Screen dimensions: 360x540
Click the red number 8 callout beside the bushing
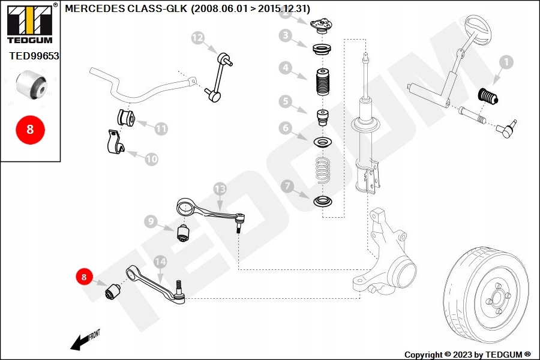click(x=84, y=277)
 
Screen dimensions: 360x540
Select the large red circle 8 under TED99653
click(x=29, y=129)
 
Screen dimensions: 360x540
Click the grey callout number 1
click(x=505, y=61)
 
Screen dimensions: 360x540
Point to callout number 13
click(x=220, y=189)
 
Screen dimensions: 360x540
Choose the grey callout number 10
click(x=151, y=159)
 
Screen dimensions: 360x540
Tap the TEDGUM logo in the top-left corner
click(x=29, y=25)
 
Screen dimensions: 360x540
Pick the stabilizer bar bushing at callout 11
click(x=126, y=117)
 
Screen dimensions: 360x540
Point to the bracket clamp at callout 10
click(x=115, y=143)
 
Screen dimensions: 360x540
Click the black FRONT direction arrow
click(x=79, y=343)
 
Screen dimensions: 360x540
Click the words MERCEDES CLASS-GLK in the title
click(x=125, y=8)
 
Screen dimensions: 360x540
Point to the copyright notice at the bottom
click(x=467, y=355)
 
